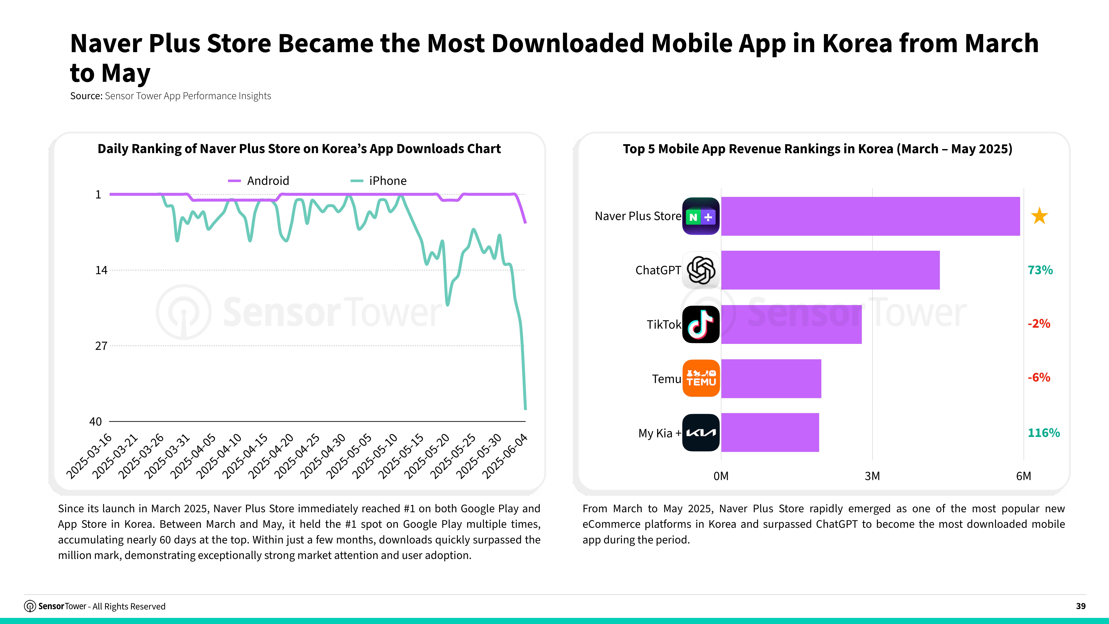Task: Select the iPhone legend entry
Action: point(379,181)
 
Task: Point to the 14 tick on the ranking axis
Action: point(101,270)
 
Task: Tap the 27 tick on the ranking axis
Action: point(101,346)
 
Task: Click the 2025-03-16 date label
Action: point(89,456)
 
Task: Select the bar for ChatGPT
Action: point(830,270)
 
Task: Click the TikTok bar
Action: point(791,324)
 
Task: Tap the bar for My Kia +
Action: point(770,432)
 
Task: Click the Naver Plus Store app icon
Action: point(700,216)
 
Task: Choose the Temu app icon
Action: point(700,378)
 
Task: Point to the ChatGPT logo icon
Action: point(700,270)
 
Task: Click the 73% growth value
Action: point(1040,270)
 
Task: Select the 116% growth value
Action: point(1044,433)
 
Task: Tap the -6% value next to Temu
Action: point(1039,378)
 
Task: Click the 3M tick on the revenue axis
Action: point(872,476)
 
